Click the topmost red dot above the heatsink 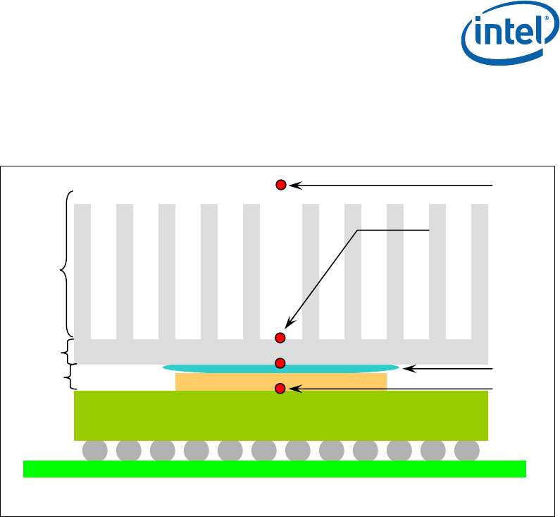(x=280, y=185)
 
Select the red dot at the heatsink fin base (x=280, y=337)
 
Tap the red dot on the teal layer (x=280, y=363)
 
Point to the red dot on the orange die (x=280, y=388)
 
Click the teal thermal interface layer (x=338, y=368)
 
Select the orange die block (x=225, y=382)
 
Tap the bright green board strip (x=275, y=469)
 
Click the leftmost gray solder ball (x=94, y=449)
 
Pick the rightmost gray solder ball (x=467, y=449)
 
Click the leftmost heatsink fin (x=82, y=272)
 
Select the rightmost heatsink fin (x=480, y=272)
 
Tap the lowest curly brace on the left (x=69, y=375)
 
